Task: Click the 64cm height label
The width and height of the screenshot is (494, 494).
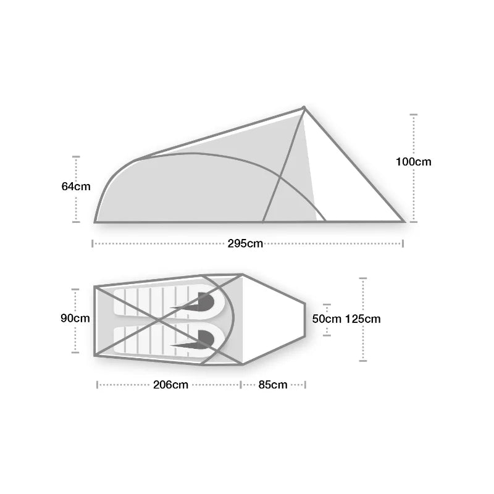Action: pyautogui.click(x=75, y=186)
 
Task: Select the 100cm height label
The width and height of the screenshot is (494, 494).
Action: pyautogui.click(x=414, y=162)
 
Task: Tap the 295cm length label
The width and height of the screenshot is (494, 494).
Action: pyautogui.click(x=245, y=243)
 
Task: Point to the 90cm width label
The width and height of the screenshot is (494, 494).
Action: pyautogui.click(x=75, y=319)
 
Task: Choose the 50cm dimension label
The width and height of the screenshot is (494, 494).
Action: pyautogui.click(x=327, y=319)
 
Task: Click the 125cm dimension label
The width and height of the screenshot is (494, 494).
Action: pyautogui.click(x=363, y=319)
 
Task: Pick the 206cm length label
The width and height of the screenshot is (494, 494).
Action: pyautogui.click(x=170, y=385)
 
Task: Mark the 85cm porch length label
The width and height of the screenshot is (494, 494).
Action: pyautogui.click(x=273, y=385)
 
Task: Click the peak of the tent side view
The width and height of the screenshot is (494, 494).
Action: pyautogui.click(x=304, y=107)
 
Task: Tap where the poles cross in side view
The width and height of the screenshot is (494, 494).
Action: pyautogui.click(x=280, y=179)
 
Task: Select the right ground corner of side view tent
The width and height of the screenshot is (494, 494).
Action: pyautogui.click(x=404, y=221)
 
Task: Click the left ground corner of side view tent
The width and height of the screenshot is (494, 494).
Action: pyautogui.click(x=95, y=221)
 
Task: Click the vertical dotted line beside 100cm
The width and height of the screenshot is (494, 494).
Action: pyautogui.click(x=414, y=198)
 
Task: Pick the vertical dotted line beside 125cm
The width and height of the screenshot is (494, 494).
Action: pyautogui.click(x=363, y=346)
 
